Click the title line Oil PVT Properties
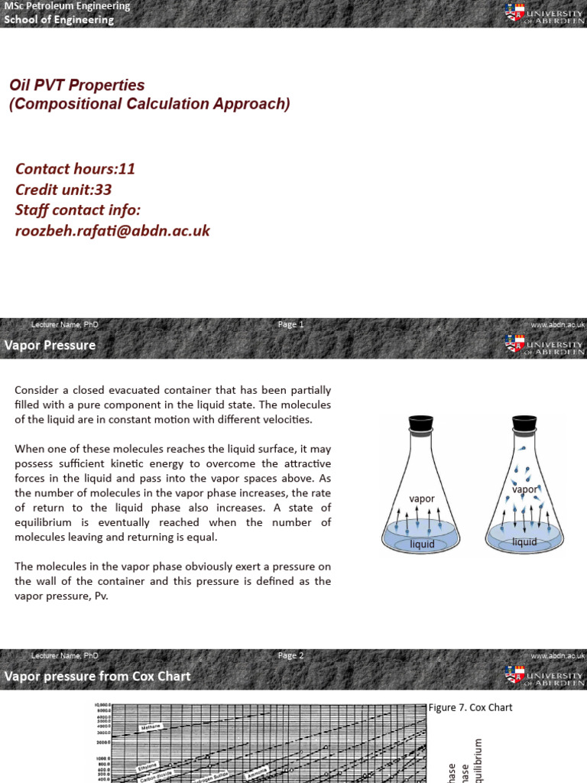[76, 85]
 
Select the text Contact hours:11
[75, 169]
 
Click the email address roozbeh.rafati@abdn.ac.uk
[112, 230]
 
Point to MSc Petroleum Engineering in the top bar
[67, 6]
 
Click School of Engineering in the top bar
[59, 20]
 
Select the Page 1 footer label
[291, 324]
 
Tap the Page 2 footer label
[291, 655]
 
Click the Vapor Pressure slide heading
[50, 345]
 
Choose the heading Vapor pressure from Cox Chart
[98, 676]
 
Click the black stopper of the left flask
[420, 422]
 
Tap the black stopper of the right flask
[524, 422]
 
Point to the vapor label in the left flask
[422, 499]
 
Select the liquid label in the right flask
[524, 542]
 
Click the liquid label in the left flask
[422, 544]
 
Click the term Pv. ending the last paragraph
[99, 596]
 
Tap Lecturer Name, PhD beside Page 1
[65, 325]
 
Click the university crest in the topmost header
[514, 13]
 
